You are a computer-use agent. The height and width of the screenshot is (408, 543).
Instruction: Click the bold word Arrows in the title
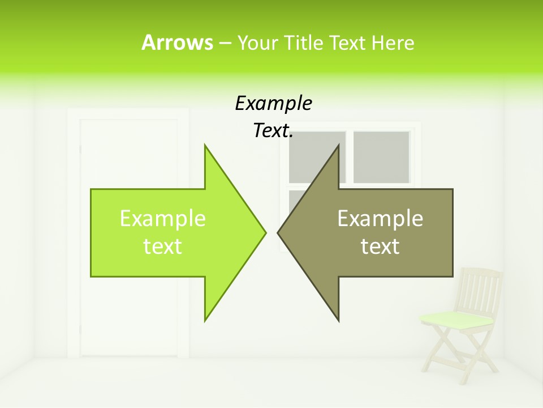[176, 42]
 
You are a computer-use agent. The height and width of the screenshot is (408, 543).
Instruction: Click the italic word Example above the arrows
[273, 104]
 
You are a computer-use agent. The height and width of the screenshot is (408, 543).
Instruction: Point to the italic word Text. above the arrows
[273, 131]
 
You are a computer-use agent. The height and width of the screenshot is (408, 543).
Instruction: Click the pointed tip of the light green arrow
[264, 232]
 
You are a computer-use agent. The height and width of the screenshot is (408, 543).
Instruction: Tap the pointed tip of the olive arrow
[279, 232]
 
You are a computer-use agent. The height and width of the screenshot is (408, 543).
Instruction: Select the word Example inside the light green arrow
[162, 219]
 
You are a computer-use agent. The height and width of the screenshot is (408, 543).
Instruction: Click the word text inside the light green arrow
[162, 246]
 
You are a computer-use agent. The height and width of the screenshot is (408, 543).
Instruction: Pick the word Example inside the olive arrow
[380, 219]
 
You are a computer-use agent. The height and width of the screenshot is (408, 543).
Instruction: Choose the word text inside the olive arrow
[380, 246]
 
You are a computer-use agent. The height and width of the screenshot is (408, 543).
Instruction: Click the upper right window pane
[381, 157]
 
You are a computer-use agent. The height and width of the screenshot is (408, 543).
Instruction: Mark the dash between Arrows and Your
[225, 43]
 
